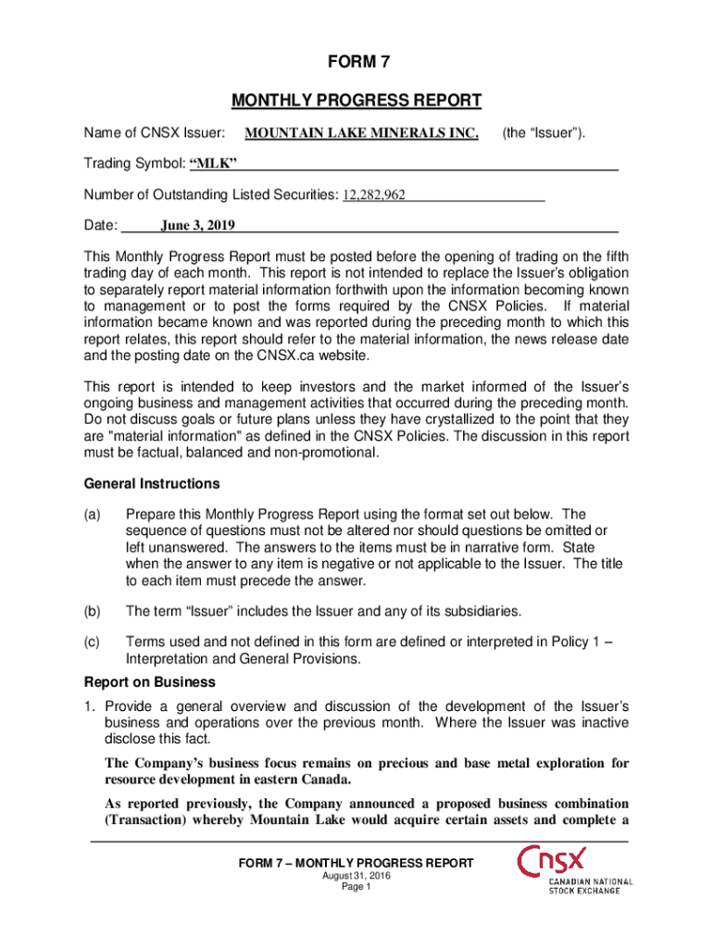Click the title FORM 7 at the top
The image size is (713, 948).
pos(356,63)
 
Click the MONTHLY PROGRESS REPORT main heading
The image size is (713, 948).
pos(356,100)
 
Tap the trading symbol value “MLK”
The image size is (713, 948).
pos(214,165)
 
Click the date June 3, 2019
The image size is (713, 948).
pos(198,225)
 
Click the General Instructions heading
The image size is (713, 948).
pos(152,483)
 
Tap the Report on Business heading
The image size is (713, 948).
pos(150,682)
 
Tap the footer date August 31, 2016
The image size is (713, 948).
pos(356,876)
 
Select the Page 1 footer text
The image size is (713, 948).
pos(356,887)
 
